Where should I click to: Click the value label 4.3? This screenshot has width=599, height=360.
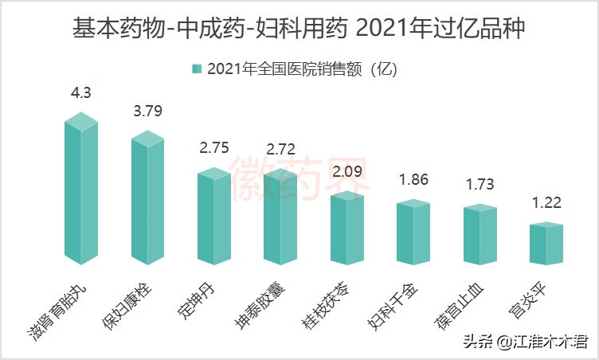81,92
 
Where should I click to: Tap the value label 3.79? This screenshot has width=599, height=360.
148,111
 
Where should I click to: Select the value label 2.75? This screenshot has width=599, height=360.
214,147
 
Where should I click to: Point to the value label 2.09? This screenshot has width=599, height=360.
347,171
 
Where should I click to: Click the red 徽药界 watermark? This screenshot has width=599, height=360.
300,178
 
